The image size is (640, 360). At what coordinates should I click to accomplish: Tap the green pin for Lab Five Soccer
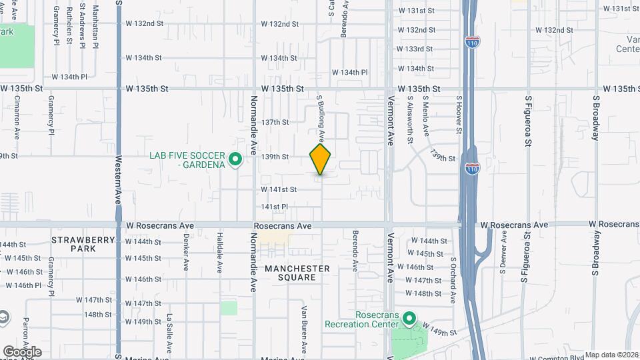(235, 159)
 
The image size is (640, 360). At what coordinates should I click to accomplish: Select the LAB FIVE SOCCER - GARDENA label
(189, 160)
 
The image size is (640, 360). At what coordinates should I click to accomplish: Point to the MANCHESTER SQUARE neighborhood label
(297, 273)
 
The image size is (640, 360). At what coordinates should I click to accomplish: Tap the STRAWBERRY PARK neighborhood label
(74, 243)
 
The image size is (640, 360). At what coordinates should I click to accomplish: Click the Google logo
(22, 352)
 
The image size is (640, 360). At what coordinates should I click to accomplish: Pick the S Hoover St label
(459, 114)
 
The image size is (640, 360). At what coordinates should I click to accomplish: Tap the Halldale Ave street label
(219, 253)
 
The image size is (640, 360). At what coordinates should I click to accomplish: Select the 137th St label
(275, 123)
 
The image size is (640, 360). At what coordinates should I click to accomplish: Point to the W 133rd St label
(415, 49)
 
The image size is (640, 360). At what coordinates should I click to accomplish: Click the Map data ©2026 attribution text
(611, 355)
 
